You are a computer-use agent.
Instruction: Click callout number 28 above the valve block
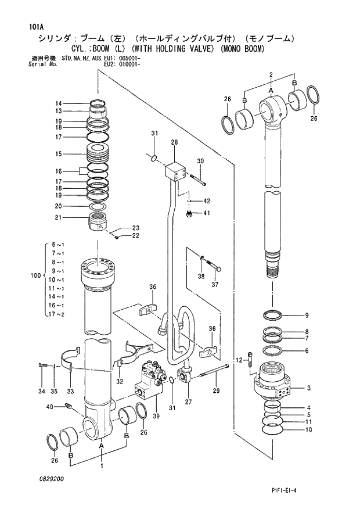point(174,142)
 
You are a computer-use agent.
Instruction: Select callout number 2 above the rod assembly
point(271,74)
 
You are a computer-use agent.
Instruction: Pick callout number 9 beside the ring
point(307,316)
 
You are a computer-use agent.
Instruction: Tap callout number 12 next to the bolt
point(239,361)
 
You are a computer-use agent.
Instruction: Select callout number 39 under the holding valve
point(155,416)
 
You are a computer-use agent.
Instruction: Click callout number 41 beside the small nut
point(207,214)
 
